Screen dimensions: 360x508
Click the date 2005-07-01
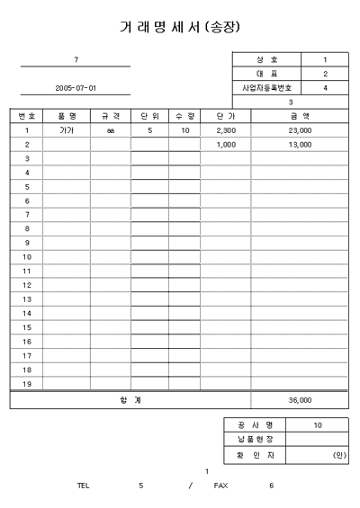[x=76, y=88]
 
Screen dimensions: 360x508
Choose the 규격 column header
[x=110, y=116]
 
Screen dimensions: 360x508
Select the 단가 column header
[x=226, y=116]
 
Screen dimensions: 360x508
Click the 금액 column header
[x=300, y=116]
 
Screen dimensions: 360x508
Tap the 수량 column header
[x=184, y=116]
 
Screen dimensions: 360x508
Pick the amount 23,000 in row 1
[x=300, y=130]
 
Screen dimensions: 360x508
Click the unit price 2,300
[x=226, y=130]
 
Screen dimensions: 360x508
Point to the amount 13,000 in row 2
[x=300, y=144]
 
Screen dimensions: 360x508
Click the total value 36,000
[x=300, y=400]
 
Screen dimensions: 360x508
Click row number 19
[x=27, y=384]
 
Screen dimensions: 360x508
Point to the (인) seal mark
[x=338, y=455]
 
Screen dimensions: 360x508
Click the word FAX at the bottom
[x=220, y=486]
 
